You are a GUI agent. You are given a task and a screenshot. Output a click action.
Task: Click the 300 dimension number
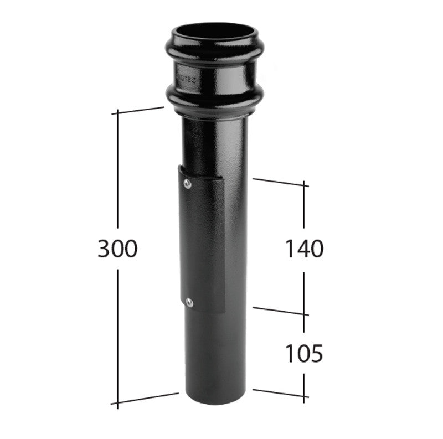tap(117, 250)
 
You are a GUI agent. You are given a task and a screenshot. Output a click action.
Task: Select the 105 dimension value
tap(303, 353)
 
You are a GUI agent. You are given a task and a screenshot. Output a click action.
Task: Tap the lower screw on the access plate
tap(189, 302)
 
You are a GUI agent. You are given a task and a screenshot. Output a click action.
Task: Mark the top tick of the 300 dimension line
tap(117, 113)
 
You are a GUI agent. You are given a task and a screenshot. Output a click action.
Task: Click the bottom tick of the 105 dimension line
tap(304, 395)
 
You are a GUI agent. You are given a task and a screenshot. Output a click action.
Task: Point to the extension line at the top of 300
tap(141, 110)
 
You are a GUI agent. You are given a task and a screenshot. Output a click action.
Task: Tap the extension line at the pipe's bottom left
tap(147, 398)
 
